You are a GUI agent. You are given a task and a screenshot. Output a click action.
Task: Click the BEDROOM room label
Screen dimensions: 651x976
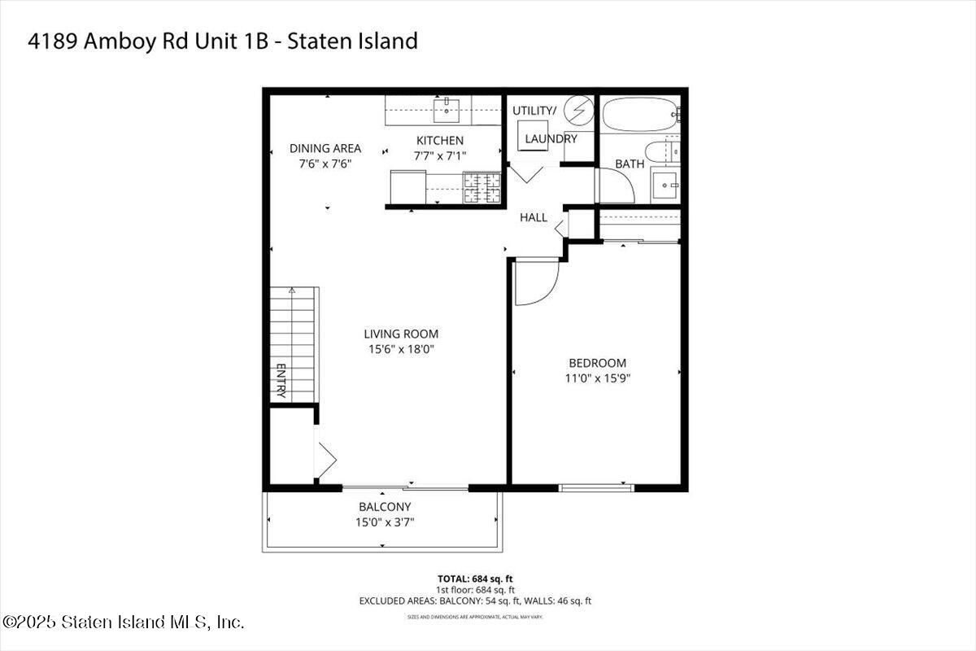point(597,363)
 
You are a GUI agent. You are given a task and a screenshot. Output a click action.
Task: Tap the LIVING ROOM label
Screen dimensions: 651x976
point(401,334)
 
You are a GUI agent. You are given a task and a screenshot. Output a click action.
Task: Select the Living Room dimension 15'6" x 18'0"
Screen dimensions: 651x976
point(401,350)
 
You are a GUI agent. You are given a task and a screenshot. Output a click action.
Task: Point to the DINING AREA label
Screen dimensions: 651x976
point(325,148)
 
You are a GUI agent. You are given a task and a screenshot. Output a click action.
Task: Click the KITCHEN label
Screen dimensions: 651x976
point(440,141)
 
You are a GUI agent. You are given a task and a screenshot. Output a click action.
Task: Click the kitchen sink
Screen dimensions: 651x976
point(447,107)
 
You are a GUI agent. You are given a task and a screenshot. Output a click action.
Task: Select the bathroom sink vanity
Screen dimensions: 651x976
point(666,186)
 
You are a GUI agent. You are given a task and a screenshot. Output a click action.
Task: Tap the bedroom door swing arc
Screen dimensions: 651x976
point(537,283)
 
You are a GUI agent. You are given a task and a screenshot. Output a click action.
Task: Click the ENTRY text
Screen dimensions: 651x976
point(281,380)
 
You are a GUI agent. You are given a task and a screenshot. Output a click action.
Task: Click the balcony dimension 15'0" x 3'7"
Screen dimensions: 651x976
point(386,522)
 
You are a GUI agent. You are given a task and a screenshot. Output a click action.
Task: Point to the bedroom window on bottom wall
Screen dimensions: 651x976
point(596,487)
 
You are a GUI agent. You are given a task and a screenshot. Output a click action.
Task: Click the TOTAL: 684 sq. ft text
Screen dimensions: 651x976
point(475,579)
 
